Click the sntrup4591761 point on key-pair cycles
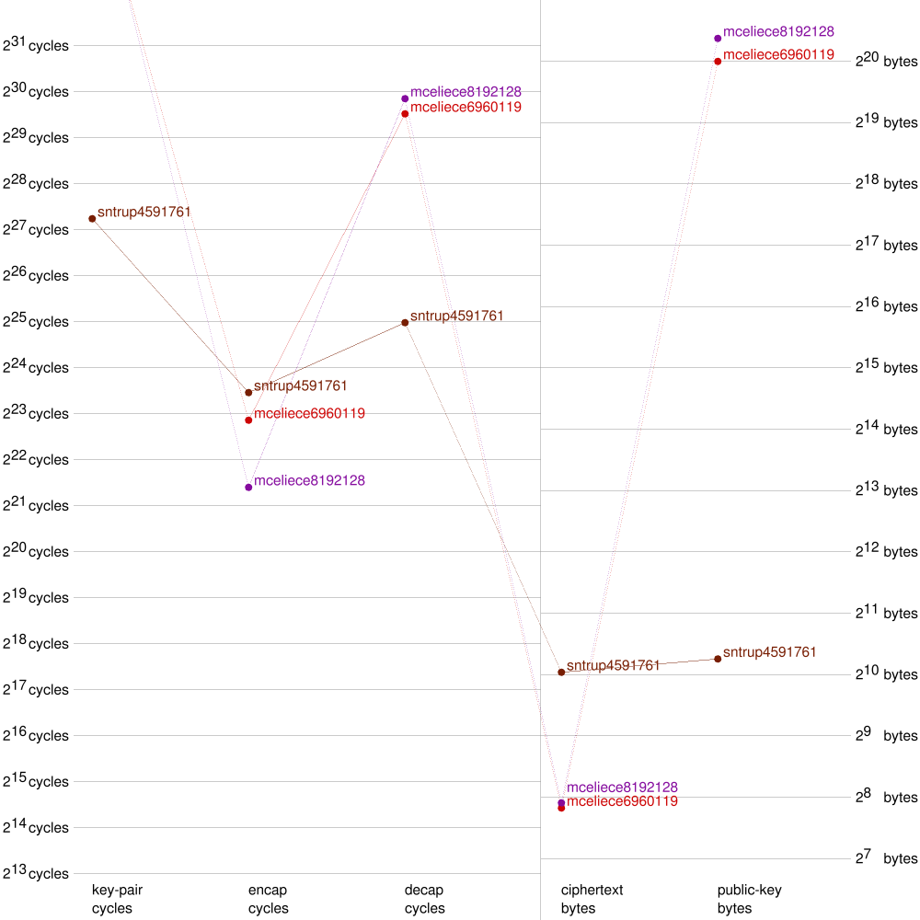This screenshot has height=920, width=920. tap(92, 218)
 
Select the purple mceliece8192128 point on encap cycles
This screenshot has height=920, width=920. tap(248, 487)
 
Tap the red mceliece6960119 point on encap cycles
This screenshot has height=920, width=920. tap(248, 420)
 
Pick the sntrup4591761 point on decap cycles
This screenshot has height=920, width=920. tap(405, 322)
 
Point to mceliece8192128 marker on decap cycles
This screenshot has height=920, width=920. tap(405, 98)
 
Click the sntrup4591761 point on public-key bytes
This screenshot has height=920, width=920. tap(718, 659)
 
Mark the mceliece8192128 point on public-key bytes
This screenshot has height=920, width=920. tap(718, 38)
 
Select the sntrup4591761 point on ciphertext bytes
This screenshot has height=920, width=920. tap(561, 673)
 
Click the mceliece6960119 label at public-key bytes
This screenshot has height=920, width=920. tap(778, 54)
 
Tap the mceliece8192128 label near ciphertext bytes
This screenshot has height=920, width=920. tap(622, 788)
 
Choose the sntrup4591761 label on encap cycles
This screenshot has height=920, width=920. tap(300, 385)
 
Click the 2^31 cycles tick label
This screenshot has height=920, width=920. tap(36, 44)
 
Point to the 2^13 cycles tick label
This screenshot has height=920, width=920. tap(36, 872)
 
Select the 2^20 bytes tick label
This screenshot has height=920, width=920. tap(886, 61)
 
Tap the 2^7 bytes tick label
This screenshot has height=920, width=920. tap(886, 857)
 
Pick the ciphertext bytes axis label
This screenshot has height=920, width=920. tap(592, 899)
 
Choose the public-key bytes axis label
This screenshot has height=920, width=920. tap(749, 899)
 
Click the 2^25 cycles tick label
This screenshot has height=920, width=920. tap(36, 320)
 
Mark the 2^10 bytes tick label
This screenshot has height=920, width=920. tap(886, 673)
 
